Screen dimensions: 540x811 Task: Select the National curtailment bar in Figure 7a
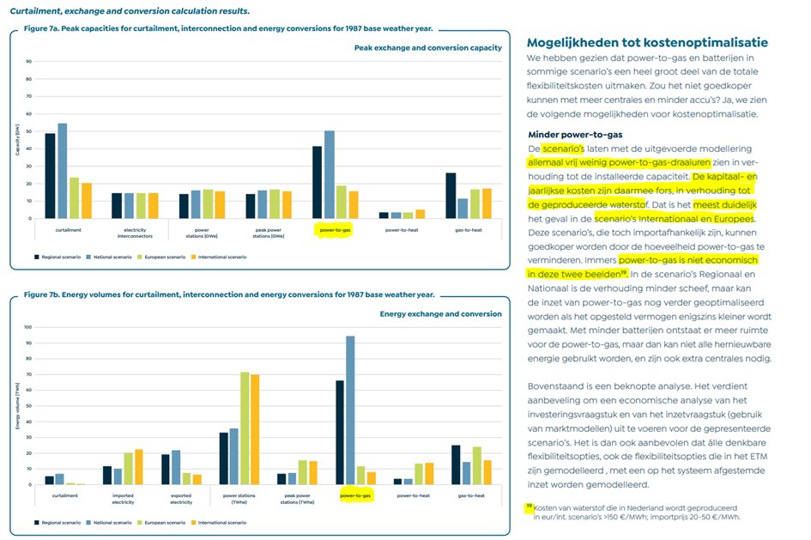coord(62,171)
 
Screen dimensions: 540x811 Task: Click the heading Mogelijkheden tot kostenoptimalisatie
coord(647,43)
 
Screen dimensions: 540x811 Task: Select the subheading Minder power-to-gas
coord(576,135)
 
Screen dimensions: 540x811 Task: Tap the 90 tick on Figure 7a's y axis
coord(29,62)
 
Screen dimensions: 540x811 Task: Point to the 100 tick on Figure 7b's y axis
coord(28,327)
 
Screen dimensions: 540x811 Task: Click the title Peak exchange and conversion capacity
coord(427,48)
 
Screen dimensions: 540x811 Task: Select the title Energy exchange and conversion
coord(440,314)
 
